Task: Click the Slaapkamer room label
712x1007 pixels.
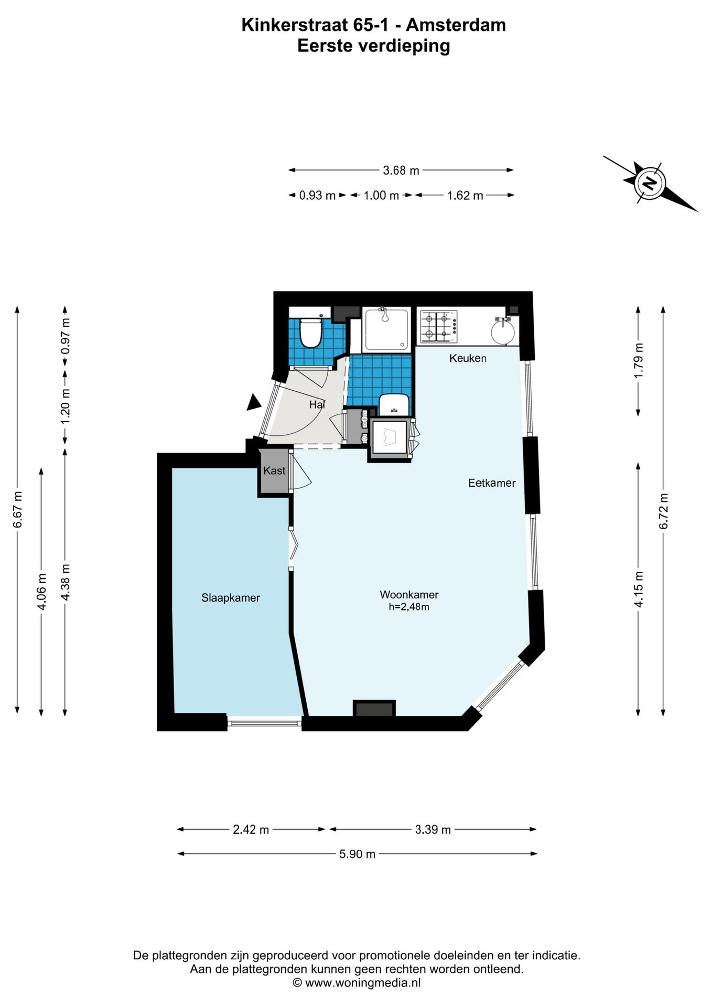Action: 231,598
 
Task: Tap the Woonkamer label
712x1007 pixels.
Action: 409,595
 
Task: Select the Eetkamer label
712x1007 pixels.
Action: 492,483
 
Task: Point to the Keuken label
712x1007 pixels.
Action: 468,358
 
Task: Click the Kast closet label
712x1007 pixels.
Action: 274,470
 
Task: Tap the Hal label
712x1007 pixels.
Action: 317,404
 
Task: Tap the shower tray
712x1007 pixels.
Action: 387,329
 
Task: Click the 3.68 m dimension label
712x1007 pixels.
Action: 401,170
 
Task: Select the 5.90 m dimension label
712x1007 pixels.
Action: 357,854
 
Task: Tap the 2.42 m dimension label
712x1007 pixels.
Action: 251,829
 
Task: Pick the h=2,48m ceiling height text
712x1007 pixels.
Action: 409,607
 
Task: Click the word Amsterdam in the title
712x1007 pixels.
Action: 456,25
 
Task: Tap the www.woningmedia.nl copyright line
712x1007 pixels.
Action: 357,982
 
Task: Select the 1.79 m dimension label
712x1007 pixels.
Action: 638,360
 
